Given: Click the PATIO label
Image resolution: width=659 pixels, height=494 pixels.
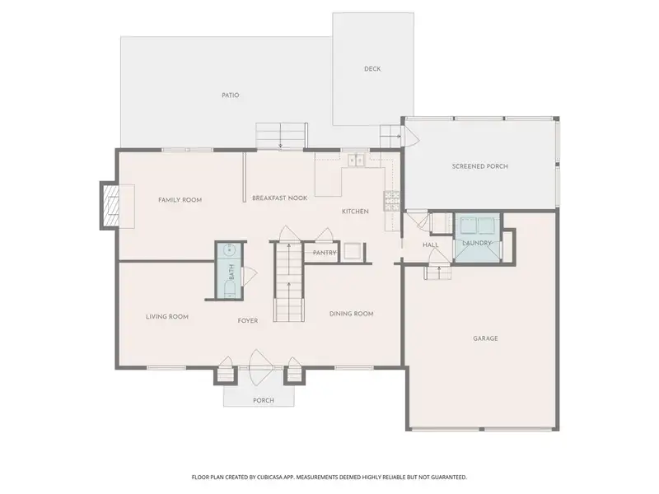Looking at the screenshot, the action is coord(231,96).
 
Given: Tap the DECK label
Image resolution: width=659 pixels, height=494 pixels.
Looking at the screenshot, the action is coord(372,69).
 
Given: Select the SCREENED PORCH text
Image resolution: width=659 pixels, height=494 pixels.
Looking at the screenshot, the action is coord(480,166).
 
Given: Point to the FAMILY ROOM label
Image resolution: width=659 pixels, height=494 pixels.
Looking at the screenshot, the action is coord(180,200).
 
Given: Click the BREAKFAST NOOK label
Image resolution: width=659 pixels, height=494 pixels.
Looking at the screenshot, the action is coord(279,198).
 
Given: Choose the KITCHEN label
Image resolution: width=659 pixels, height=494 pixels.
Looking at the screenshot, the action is coord(355,212).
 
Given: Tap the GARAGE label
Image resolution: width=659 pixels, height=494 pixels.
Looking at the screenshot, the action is coord(485,338).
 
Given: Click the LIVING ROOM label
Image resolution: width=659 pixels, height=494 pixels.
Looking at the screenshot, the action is coord(167,317).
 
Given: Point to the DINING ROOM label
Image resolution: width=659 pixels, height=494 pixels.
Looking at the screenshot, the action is coord(352,314).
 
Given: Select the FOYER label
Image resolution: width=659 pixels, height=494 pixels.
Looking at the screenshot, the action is coord(248,320).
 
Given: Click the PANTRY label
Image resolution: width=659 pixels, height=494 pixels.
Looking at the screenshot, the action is coord(325,253).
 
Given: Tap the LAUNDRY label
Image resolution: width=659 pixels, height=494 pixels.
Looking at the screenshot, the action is coord(477,243).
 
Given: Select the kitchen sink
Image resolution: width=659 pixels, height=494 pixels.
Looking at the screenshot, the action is coord(356,161).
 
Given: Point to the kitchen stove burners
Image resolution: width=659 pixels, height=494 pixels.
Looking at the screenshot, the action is coord(391,200).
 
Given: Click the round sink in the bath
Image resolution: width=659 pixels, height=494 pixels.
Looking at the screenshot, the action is coord(230,250).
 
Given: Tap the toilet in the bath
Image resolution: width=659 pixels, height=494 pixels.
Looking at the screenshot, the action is coord(230,289).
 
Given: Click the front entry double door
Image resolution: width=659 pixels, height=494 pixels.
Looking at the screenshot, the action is coord(260,367).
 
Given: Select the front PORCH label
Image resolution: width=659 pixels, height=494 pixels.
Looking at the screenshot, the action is coord(264,401).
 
